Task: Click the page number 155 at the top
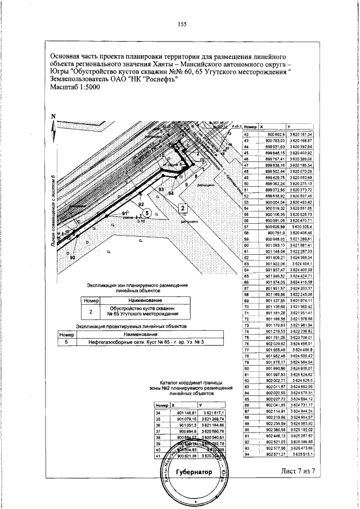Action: [x=182, y=23]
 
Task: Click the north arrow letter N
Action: [x=54, y=117]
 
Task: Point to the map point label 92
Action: [x=141, y=204]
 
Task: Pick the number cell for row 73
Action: [x=246, y=326]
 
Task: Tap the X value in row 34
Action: [x=186, y=413]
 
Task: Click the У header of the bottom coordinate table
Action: [x=200, y=405]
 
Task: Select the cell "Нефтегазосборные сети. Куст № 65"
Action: [x=133, y=341]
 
